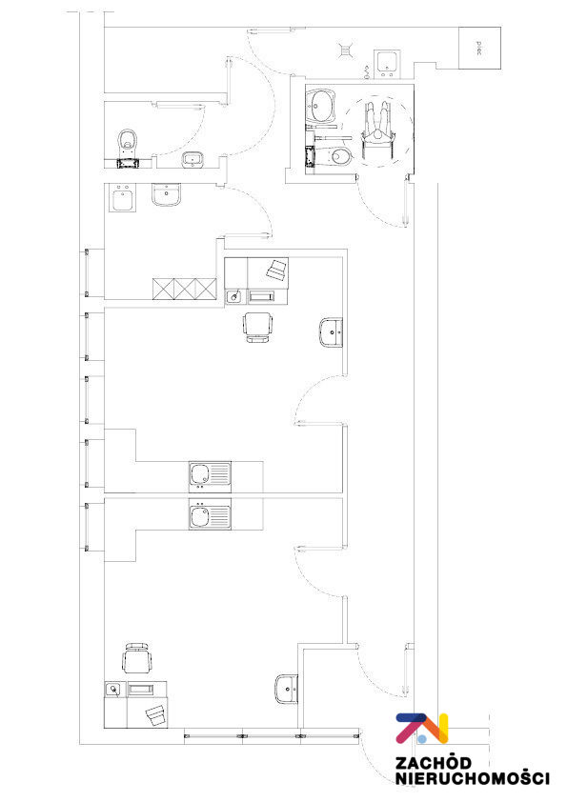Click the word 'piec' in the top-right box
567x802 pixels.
point(479,49)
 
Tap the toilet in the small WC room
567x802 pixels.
point(128,143)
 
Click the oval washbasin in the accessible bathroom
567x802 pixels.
point(320,106)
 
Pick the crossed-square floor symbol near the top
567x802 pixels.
point(346,50)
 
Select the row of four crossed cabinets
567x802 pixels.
point(185,289)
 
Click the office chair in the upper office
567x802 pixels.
point(257,328)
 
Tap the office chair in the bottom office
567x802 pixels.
point(137,659)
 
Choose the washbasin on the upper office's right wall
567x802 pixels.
point(331,332)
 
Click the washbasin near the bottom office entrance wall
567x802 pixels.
point(287,689)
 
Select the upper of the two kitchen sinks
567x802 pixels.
point(210,476)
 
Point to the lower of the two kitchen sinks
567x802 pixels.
point(210,514)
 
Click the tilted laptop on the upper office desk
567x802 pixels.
point(277,269)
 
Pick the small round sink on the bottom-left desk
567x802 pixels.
point(114,690)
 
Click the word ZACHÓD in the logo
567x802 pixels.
point(433,763)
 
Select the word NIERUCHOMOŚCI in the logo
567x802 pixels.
point(473,779)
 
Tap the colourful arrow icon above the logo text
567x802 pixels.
point(422,729)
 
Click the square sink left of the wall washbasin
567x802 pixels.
point(123,197)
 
